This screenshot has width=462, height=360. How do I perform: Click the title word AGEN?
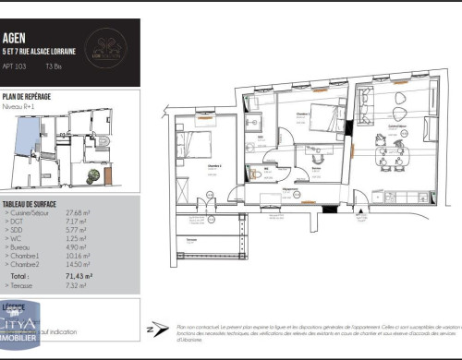point(16,39)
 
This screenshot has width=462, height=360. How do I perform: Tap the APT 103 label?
point(16,67)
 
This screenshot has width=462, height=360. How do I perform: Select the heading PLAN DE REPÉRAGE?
point(27,96)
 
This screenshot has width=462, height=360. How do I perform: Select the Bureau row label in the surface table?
point(20,247)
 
